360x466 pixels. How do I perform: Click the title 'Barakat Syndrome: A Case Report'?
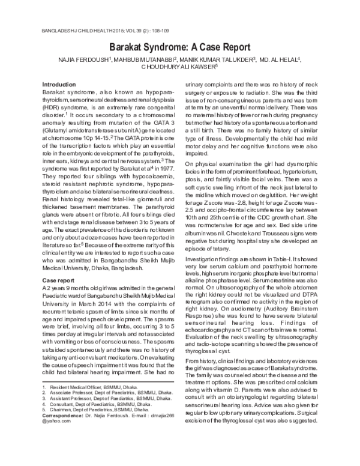tap(180, 44)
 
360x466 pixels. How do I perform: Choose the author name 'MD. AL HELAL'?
tap(281, 59)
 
